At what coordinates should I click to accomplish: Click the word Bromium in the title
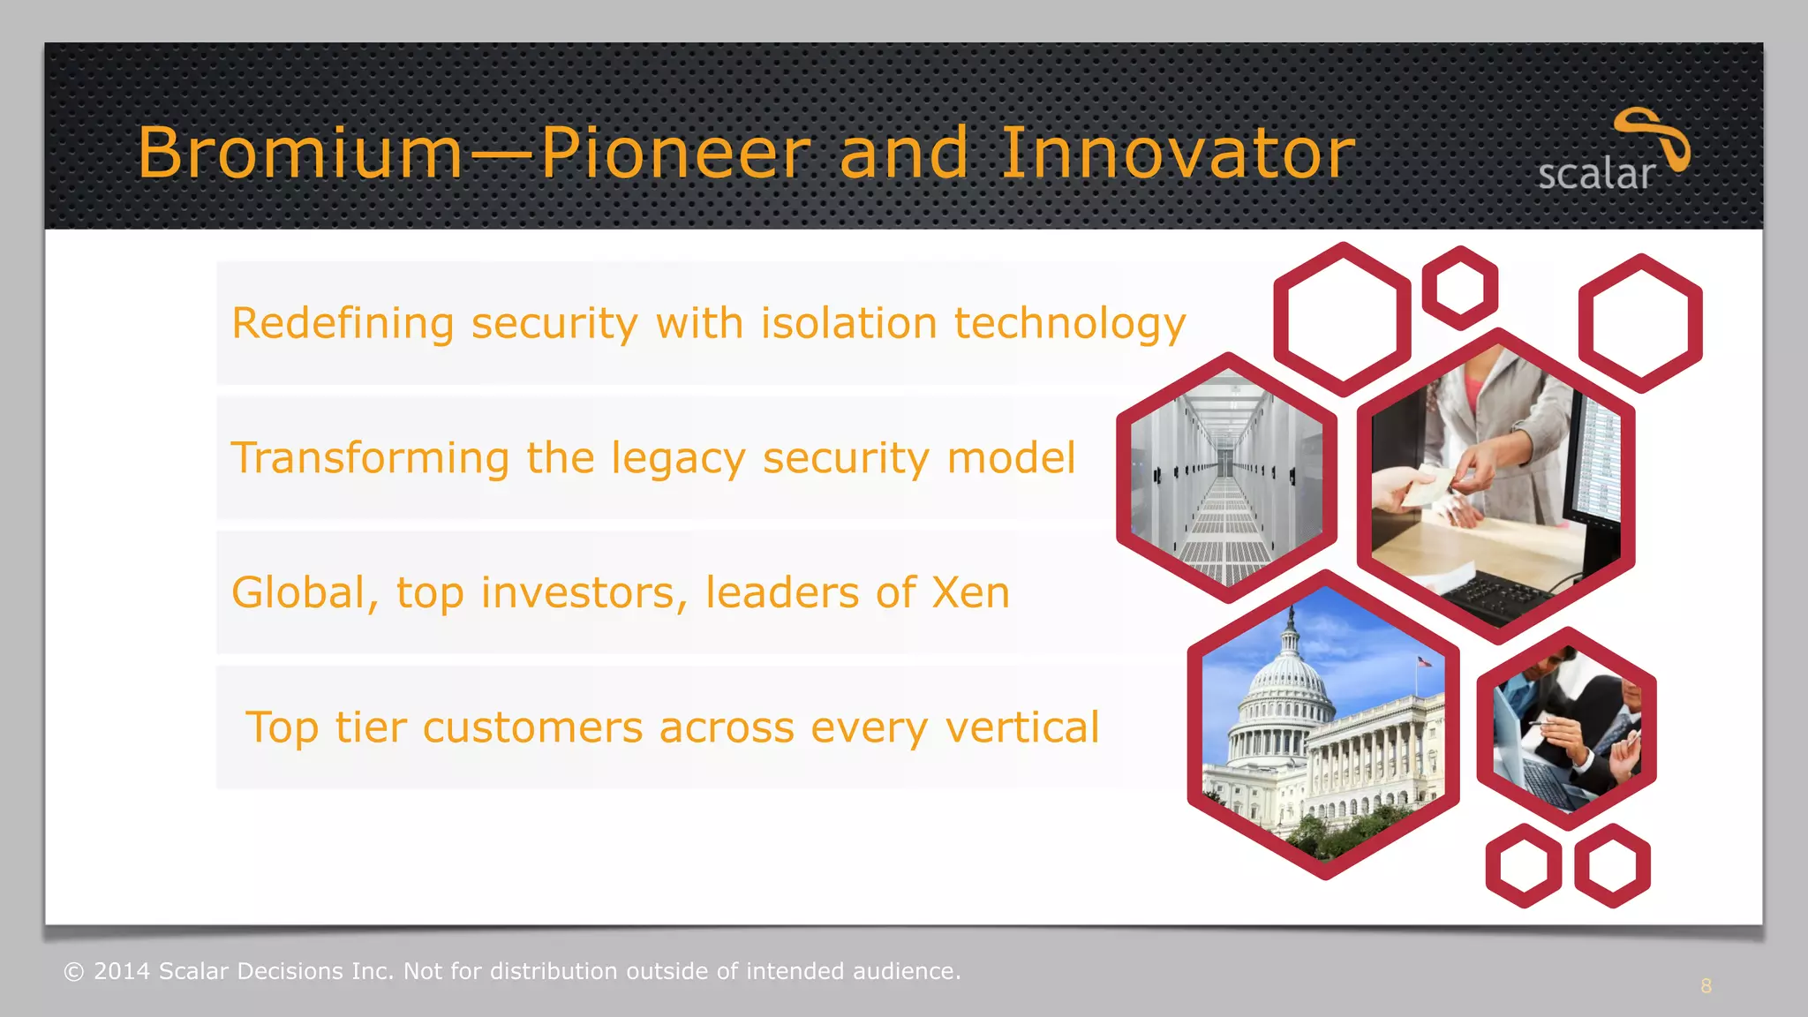300,153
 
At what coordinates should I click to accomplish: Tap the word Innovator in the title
1177,153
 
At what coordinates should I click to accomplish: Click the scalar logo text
1595,174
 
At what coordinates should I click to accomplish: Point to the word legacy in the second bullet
678,459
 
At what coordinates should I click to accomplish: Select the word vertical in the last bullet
1021,727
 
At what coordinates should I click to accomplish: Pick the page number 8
1706,986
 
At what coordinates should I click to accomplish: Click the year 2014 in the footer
123,971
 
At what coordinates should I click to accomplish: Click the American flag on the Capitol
1424,661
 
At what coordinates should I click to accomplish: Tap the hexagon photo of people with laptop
1566,729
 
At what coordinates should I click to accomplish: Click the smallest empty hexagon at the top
1460,288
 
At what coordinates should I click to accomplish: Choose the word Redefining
343,323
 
